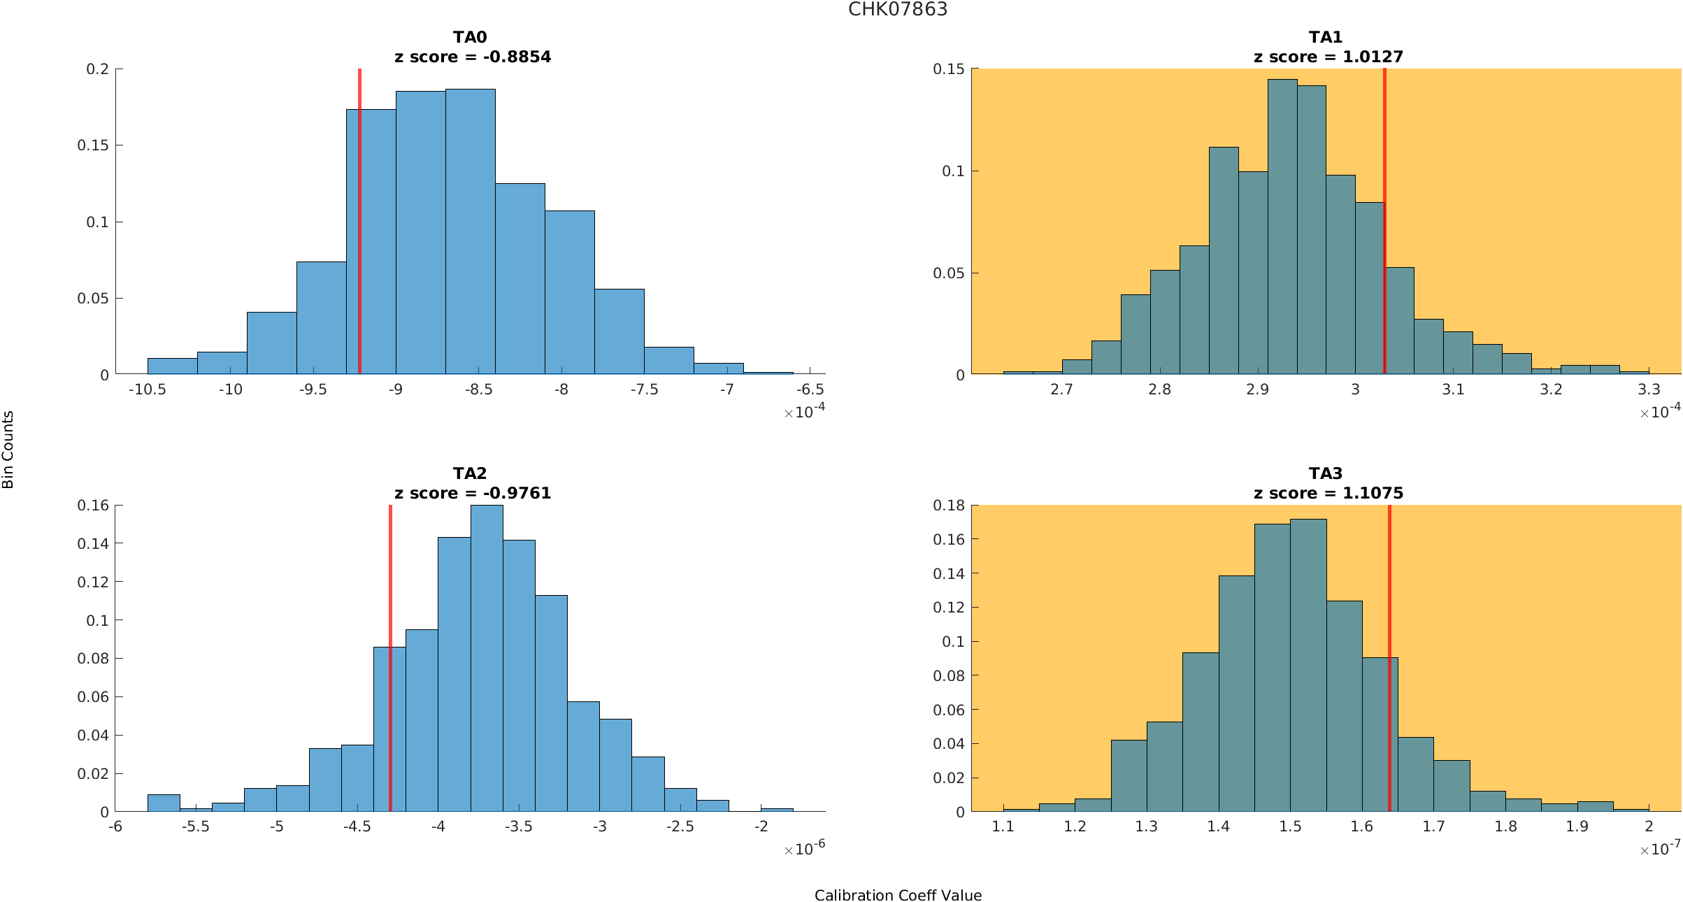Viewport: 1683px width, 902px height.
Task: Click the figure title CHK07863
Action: pos(898,9)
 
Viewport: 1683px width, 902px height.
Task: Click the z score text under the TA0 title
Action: pos(473,57)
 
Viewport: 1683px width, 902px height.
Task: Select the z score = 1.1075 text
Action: pos(1329,493)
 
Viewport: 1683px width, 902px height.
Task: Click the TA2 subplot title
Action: pos(470,473)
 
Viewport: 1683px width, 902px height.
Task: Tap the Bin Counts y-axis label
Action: pos(8,449)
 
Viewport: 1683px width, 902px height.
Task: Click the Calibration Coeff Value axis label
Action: pos(898,896)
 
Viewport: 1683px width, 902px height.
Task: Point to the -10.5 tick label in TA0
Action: pos(148,389)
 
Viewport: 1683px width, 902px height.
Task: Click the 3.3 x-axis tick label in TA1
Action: pos(1649,389)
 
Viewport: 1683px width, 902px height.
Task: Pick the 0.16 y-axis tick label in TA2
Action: pos(93,505)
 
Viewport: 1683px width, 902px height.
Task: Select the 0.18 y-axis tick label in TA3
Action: pos(949,505)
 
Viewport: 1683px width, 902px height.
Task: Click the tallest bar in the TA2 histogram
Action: pos(487,657)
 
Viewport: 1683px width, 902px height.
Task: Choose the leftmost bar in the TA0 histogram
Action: pos(172,366)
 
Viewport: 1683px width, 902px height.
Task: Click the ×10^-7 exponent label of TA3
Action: pos(1660,850)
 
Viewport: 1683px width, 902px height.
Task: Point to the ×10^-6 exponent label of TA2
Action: pos(804,850)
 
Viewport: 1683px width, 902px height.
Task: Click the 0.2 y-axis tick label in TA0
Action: pos(98,69)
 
